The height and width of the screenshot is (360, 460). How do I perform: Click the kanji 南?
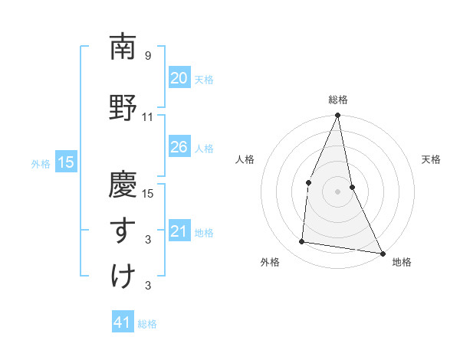point(123,48)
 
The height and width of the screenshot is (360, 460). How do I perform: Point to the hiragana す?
point(123,227)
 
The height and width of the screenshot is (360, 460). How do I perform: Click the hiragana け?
point(123,274)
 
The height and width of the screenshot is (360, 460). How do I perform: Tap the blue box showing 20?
point(179,78)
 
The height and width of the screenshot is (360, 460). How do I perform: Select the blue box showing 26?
point(179,147)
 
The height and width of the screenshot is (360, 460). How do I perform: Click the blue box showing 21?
point(179,231)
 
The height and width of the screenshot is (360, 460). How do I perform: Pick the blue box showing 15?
point(65,162)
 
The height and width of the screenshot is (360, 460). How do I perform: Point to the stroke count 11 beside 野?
point(148,117)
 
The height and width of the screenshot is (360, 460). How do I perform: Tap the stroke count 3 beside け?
point(148,286)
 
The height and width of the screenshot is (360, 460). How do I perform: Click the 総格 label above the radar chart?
point(338,100)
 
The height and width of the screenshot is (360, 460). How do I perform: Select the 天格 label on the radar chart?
point(431,159)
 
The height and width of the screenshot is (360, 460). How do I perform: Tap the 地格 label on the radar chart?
point(402,262)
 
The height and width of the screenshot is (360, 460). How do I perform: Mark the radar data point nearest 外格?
point(302,242)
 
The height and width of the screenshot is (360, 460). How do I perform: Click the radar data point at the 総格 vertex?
point(337,116)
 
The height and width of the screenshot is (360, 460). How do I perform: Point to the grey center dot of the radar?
point(337,191)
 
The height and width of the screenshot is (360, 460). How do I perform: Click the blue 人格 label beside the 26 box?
point(204,148)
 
